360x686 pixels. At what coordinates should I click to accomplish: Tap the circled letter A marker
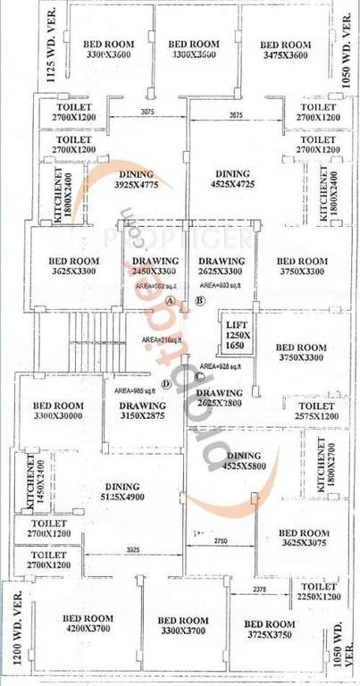[x=170, y=301]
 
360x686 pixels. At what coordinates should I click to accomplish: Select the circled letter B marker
[x=200, y=301]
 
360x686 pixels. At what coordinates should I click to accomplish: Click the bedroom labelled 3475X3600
[x=287, y=50]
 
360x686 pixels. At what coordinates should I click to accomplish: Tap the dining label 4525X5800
[x=238, y=461]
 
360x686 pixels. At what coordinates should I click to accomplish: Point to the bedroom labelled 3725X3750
[x=270, y=630]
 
